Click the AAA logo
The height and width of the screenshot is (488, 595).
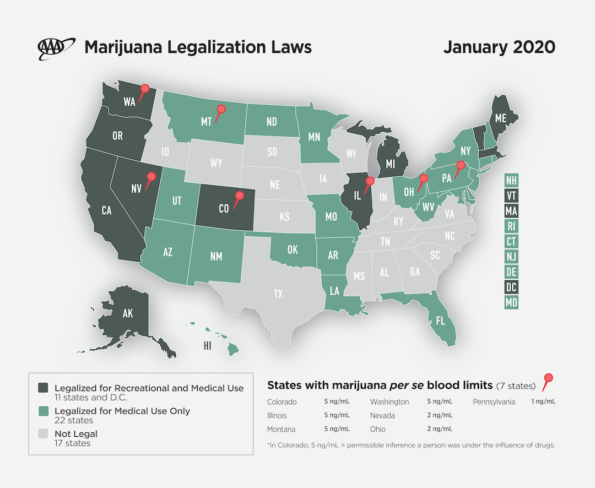click(56, 48)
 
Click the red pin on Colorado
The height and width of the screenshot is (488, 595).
click(239, 196)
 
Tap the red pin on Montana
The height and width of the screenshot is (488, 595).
click(221, 110)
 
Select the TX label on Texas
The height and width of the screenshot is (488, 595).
click(278, 295)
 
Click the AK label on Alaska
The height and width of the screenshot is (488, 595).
click(127, 314)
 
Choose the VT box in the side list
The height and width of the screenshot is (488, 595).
click(511, 196)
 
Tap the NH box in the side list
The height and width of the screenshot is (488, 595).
click(511, 180)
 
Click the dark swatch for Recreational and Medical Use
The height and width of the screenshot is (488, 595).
click(44, 388)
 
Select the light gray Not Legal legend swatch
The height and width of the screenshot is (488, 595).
click(44, 434)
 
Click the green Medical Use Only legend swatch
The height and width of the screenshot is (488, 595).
click(44, 411)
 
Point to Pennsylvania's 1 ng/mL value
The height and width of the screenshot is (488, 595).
click(543, 402)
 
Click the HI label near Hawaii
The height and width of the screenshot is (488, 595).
click(207, 346)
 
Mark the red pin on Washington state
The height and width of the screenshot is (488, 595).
click(144, 89)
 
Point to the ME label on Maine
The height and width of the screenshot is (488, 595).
click(500, 118)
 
